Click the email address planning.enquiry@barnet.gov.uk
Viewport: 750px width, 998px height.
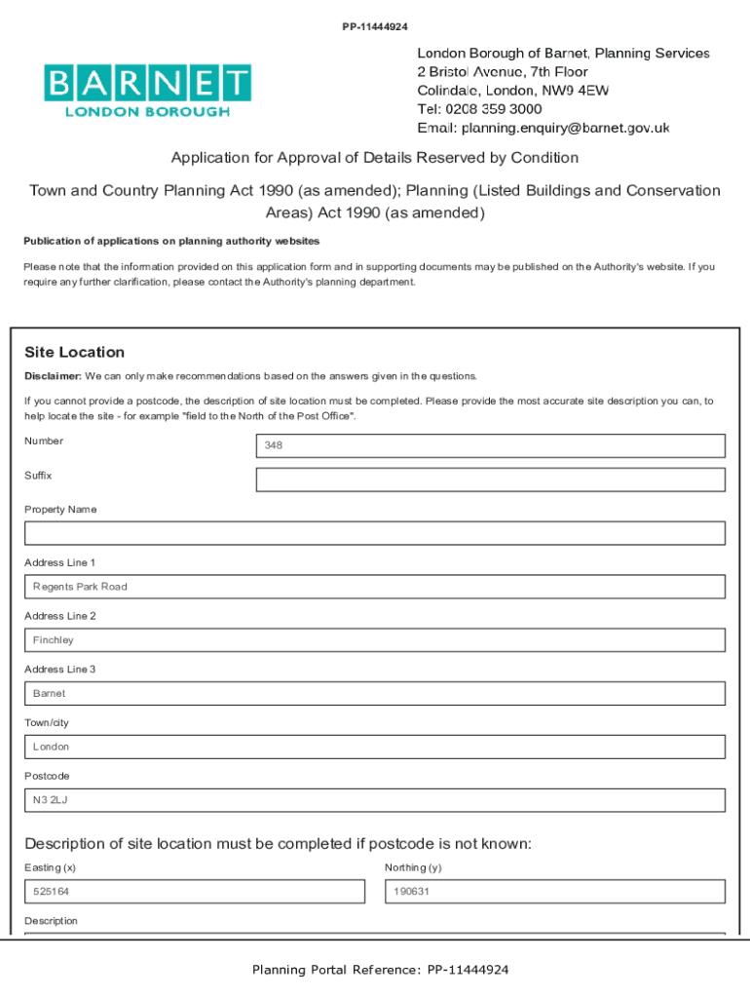tap(565, 128)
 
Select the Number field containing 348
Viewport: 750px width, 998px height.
tap(490, 445)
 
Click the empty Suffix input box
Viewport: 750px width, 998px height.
tap(490, 480)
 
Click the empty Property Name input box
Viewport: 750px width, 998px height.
tap(375, 533)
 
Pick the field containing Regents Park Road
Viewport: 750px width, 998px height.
tap(375, 587)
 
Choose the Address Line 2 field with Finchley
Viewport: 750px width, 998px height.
tap(375, 640)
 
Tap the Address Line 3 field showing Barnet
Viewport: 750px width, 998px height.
tap(375, 694)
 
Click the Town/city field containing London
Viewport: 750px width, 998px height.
tap(375, 747)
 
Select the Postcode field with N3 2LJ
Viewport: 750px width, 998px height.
tap(375, 800)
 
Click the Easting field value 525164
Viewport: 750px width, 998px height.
tap(195, 892)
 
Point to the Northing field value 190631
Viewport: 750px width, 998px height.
tap(555, 892)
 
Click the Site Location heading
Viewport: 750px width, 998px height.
tap(75, 352)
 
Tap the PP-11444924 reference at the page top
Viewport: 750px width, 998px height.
tap(375, 26)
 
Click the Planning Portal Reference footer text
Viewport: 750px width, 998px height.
tap(380, 970)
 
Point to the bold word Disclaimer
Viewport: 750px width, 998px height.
tap(53, 376)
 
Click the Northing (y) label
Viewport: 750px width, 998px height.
tap(413, 867)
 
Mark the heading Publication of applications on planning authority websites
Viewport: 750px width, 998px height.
tap(171, 241)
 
